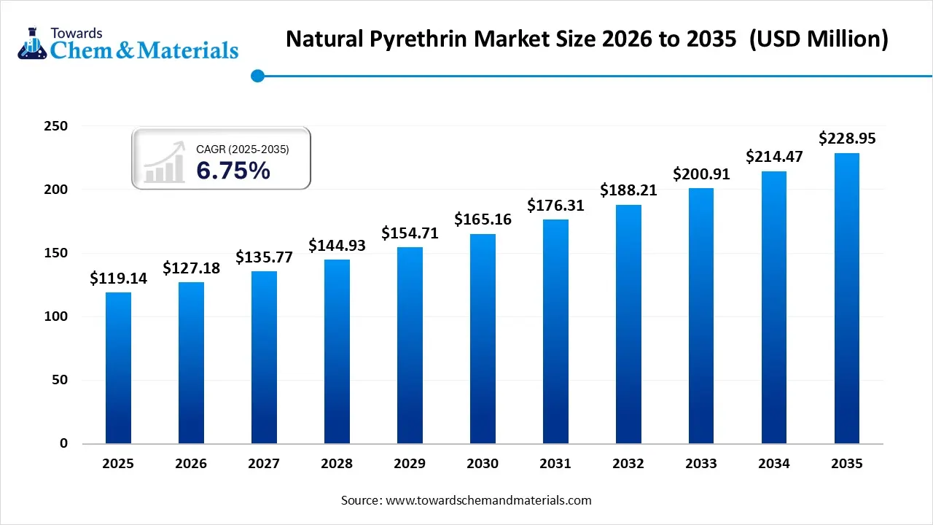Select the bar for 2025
(118, 368)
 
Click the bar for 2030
(483, 339)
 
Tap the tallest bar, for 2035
(847, 299)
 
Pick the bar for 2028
(337, 351)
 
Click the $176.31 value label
(555, 206)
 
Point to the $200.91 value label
(701, 174)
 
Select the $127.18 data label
(191, 268)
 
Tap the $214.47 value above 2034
(774, 157)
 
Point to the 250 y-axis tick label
(57, 126)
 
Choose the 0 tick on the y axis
(63, 443)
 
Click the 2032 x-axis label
(628, 464)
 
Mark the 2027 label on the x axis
(264, 464)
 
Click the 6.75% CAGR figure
(233, 171)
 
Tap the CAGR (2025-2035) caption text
(242, 149)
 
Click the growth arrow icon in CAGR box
(164, 163)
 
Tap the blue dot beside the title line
(257, 75)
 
